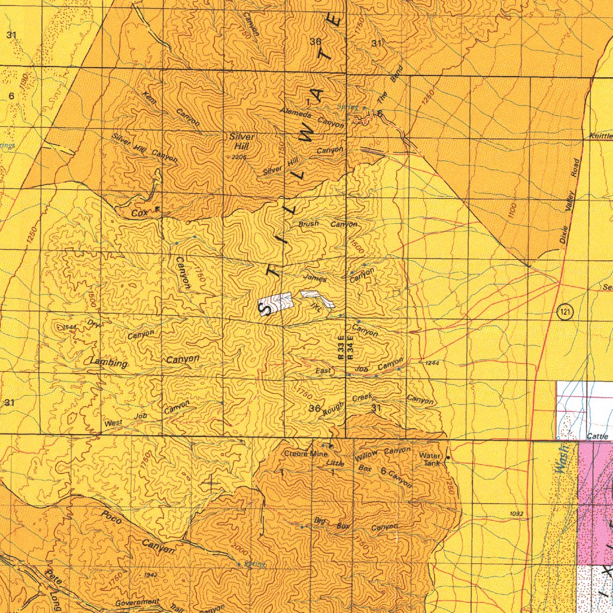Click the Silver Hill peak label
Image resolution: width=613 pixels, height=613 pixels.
242,141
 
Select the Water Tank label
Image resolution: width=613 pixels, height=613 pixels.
431,459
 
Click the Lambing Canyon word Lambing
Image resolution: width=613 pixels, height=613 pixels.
109,363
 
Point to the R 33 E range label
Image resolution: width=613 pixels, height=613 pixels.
341,347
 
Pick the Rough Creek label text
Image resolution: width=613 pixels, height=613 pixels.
347,405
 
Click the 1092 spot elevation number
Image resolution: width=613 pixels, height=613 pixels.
517,514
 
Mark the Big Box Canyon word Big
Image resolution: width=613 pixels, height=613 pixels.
320,521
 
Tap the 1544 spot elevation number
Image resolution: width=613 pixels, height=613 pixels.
70,327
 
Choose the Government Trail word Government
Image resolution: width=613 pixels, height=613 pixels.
137,602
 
